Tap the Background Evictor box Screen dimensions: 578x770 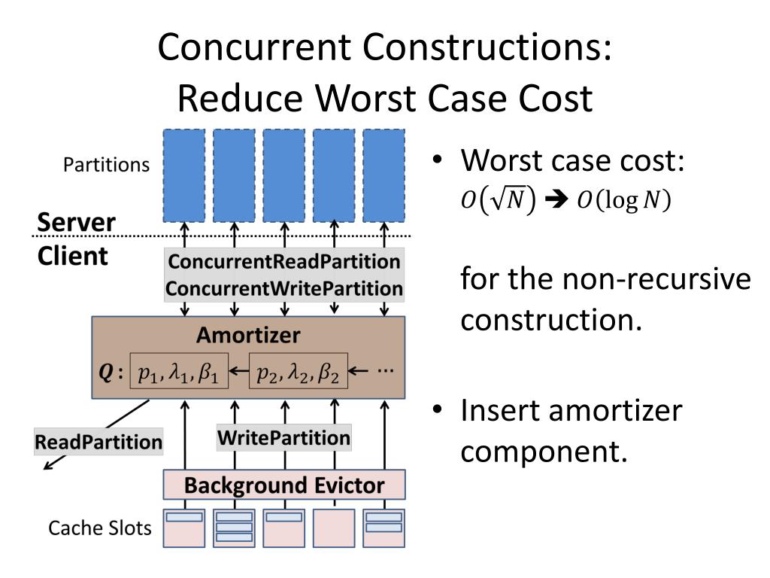coord(284,485)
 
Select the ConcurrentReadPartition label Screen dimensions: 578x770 coord(283,262)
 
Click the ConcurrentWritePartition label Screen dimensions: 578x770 coord(283,288)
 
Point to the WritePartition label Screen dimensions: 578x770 coord(283,437)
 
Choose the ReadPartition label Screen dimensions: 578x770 coord(98,442)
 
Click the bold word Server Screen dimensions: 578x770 coord(77,223)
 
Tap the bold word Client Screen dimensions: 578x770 coord(72,256)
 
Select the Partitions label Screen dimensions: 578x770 coord(106,165)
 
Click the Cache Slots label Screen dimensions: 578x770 coord(100,528)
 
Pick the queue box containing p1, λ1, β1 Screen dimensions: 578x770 coord(178,371)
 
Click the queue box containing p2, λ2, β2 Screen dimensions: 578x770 coord(299,371)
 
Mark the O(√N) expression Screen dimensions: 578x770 coord(498,202)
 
